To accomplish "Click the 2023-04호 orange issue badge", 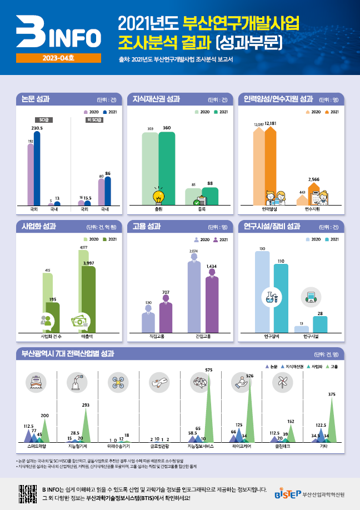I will pyautogui.click(x=58, y=57).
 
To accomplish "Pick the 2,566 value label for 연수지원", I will pyautogui.click(x=314, y=179).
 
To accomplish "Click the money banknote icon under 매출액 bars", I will pyautogui.click(x=81, y=321).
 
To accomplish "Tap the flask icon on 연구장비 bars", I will pyautogui.click(x=272, y=298).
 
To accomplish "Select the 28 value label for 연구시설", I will pyautogui.click(x=320, y=313).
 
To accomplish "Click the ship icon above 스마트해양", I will pyautogui.click(x=36, y=382).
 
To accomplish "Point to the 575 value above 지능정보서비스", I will pyautogui.click(x=209, y=370).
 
